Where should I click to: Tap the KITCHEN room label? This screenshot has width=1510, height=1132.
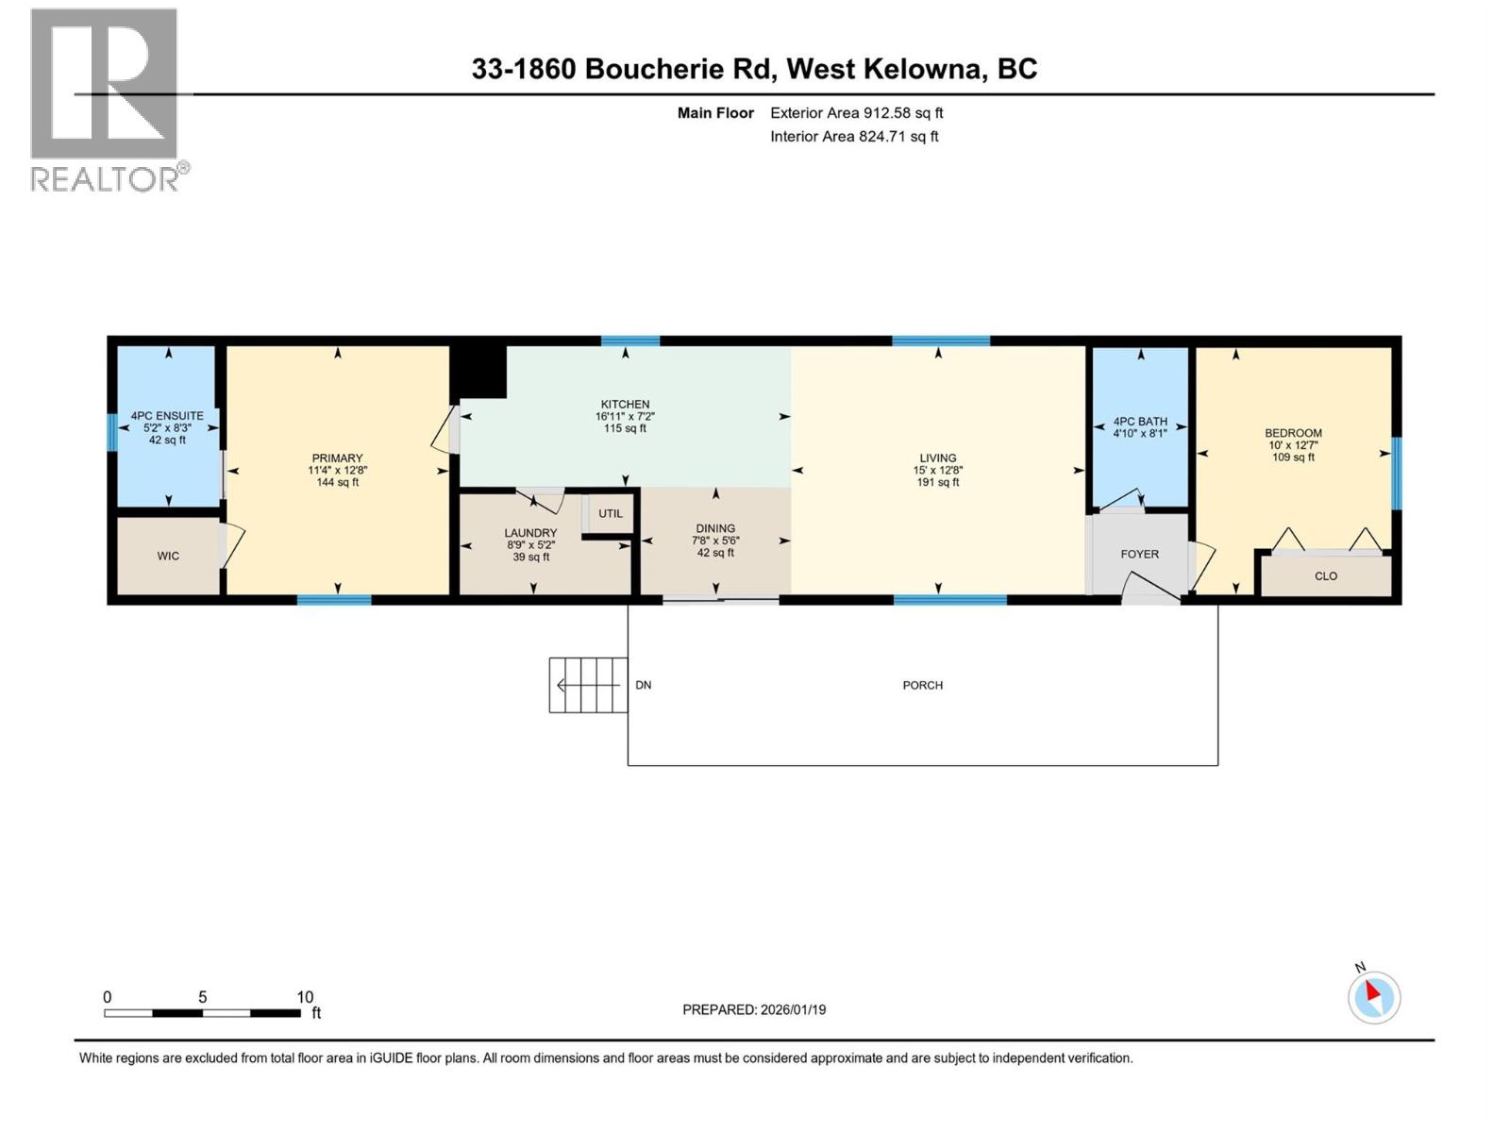[625, 405]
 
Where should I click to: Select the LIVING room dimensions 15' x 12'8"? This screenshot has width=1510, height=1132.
[937, 470]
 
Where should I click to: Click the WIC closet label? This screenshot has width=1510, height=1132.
[168, 557]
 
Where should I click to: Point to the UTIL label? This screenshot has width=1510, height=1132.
[611, 514]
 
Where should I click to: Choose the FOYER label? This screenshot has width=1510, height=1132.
[1139, 555]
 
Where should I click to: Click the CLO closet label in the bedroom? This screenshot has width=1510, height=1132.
[1325, 576]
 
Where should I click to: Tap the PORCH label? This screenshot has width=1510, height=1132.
[922, 686]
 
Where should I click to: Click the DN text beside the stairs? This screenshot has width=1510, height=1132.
[643, 686]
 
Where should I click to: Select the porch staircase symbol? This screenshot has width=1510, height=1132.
[588, 685]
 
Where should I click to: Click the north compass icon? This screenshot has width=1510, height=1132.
[1373, 997]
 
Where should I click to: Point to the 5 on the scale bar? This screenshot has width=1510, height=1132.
[202, 997]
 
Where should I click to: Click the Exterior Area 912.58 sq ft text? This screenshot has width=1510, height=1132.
[856, 113]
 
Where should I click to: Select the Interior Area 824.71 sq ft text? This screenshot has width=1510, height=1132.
[854, 137]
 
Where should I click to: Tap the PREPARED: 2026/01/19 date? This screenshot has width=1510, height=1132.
[754, 1009]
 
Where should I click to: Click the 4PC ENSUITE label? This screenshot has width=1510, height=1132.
[167, 416]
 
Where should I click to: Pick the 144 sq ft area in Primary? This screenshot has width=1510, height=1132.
[337, 483]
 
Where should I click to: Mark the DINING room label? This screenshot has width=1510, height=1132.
[715, 529]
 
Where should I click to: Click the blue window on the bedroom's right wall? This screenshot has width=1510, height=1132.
[1397, 472]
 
